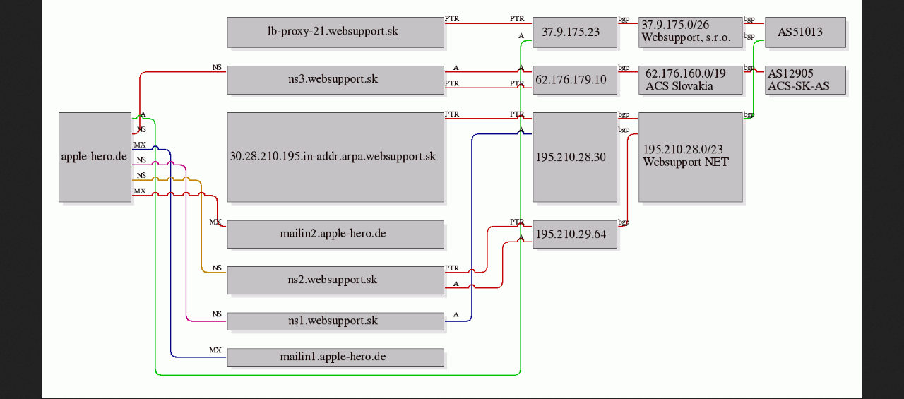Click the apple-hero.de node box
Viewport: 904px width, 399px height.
pos(95,157)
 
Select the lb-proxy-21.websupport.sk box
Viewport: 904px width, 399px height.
pos(335,32)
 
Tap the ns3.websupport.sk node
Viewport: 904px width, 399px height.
pos(335,80)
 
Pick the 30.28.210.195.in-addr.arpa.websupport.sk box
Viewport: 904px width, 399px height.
pos(335,157)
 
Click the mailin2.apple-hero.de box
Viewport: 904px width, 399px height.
pos(335,234)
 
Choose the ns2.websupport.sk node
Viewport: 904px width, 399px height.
pos(335,280)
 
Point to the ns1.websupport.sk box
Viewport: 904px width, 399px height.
pos(335,321)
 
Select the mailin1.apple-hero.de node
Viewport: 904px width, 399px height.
pos(335,357)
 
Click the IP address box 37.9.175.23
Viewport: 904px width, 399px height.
pos(575,32)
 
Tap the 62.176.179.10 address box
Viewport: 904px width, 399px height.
pos(575,80)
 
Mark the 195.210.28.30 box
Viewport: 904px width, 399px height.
pos(575,157)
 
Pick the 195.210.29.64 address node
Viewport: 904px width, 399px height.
pos(575,234)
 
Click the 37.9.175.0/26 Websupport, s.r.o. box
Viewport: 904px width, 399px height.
pos(691,32)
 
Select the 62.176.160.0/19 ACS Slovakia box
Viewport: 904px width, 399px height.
pos(691,80)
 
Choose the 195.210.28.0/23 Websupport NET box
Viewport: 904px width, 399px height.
pos(691,157)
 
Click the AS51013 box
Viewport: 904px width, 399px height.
pos(805,32)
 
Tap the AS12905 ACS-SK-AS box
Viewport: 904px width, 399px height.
pos(805,80)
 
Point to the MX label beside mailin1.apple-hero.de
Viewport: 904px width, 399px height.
pos(215,350)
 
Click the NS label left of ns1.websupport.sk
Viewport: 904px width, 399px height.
pos(217,314)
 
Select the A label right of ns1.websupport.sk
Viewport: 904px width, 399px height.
pos(456,314)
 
